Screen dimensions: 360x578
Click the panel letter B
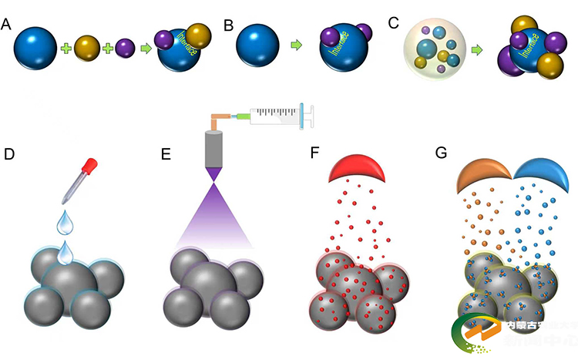tap(228, 25)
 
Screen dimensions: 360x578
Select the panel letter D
tap(9, 153)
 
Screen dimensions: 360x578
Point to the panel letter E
tap(164, 153)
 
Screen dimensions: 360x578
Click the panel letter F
tap(313, 153)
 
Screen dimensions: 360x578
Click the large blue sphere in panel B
tap(258, 47)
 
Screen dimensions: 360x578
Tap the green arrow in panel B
tap(297, 47)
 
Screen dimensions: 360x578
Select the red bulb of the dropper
tap(92, 166)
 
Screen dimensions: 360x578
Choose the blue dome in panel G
tap(539, 174)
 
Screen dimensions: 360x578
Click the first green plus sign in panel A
tap(66, 49)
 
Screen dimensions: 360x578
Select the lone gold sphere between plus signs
tap(87, 49)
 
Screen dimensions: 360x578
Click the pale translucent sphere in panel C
tap(433, 50)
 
